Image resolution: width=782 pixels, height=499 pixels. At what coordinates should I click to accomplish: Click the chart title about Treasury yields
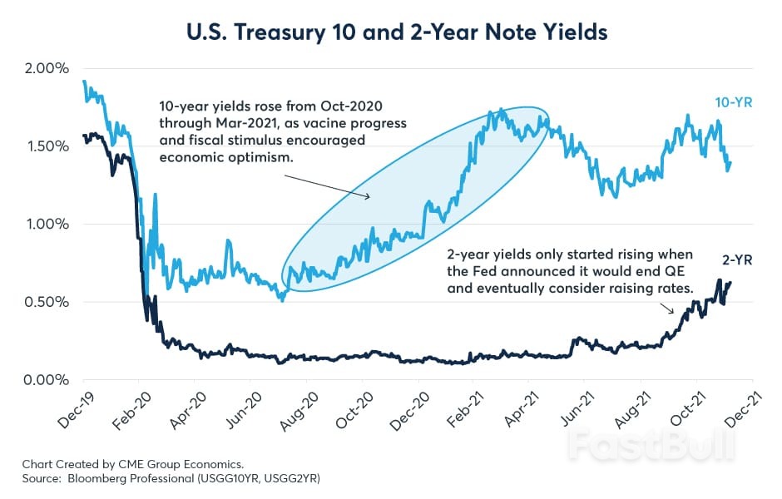pos(391,32)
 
